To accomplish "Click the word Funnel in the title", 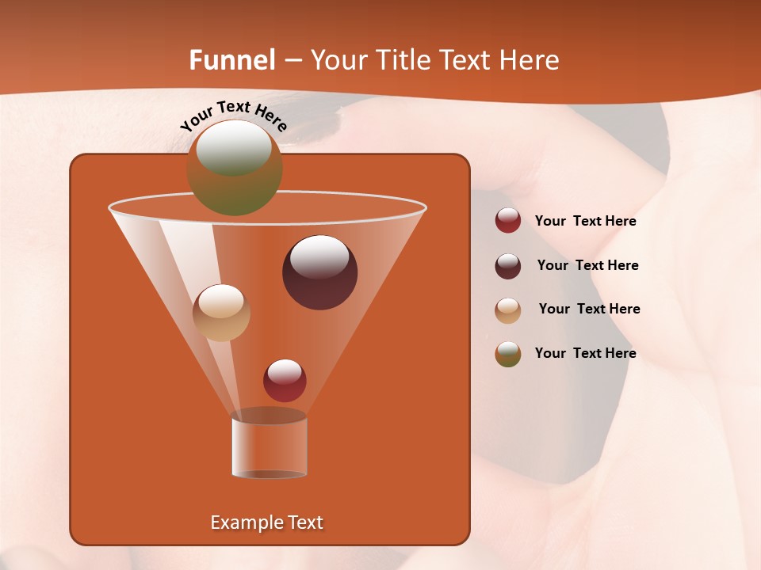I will point(232,60).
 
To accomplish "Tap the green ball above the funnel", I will point(234,168).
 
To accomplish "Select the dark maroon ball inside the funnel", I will point(320,272).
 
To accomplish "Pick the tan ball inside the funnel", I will point(221,313).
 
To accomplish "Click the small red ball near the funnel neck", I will point(285,380).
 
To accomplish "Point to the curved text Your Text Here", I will point(234,116).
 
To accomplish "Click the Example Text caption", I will point(267,522).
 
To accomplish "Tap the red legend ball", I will point(508,220).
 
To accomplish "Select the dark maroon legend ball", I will point(508,266).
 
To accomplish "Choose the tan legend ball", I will point(508,310).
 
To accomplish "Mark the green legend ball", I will point(508,354).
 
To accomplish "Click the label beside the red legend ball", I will point(585,222).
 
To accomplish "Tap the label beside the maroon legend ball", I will point(587,265).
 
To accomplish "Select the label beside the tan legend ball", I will point(589,309).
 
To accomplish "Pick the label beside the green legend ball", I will point(585,353).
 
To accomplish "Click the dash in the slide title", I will point(293,60).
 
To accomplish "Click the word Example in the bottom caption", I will point(241,522).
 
